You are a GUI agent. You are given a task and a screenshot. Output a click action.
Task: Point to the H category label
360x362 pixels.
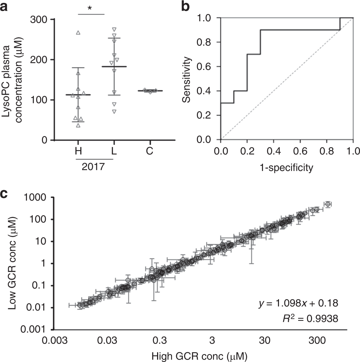coord(78,151)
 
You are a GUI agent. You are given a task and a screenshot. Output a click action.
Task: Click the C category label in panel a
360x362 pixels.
coord(149,151)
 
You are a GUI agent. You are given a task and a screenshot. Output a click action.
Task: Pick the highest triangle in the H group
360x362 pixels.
coord(78,33)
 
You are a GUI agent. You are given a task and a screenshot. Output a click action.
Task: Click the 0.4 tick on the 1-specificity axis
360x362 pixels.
coord(274,150)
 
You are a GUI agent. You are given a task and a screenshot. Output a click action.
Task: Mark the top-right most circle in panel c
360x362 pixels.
coord(328,204)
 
